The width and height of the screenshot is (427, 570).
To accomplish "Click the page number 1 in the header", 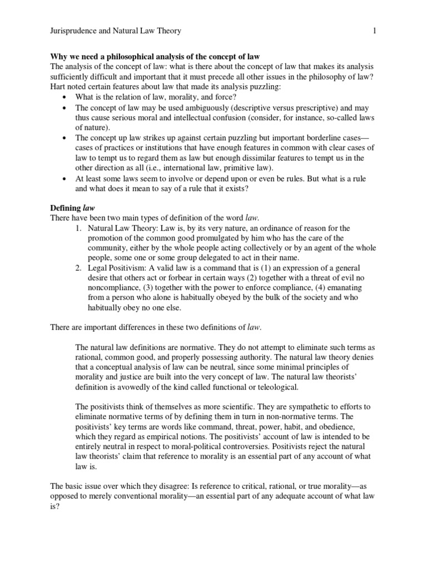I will point(375,32).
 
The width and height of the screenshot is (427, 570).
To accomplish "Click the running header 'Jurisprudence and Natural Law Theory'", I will point(116,32).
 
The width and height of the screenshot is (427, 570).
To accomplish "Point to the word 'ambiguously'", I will point(216,107).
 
